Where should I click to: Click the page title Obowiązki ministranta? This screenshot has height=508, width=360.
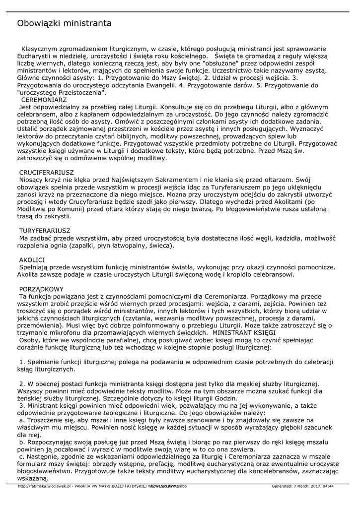click(x=64, y=23)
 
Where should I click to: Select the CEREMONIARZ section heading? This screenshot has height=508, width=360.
click(x=43, y=100)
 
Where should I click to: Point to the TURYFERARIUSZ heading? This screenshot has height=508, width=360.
click(x=45, y=231)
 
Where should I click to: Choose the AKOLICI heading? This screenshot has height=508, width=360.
click(x=32, y=259)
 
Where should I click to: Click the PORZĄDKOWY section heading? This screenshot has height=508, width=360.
click(x=41, y=288)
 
